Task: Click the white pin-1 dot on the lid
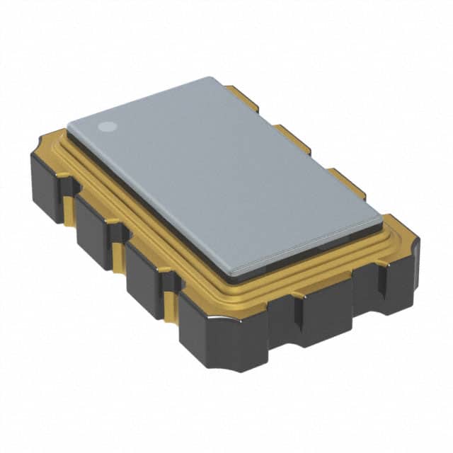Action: click(x=108, y=127)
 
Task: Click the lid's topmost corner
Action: click(x=211, y=79)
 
